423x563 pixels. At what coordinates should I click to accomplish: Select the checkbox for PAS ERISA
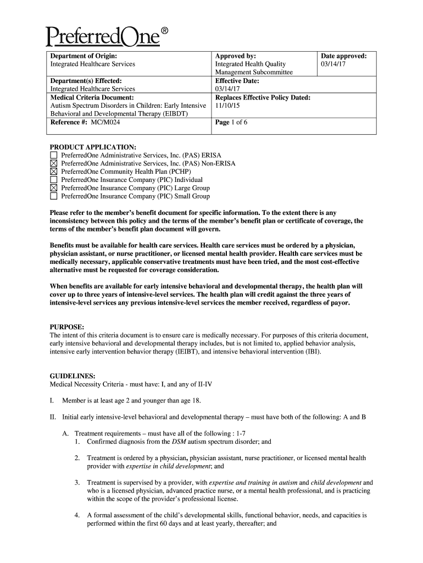[53, 156]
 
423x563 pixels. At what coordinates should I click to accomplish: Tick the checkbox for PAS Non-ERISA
[53, 164]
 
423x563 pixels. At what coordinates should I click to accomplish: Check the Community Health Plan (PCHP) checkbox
[53, 172]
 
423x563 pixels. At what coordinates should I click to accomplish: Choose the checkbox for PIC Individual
[53, 180]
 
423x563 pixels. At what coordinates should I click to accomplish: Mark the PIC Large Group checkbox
[53, 188]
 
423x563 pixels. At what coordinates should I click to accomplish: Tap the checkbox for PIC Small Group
[53, 196]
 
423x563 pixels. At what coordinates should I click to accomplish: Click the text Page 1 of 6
[231, 122]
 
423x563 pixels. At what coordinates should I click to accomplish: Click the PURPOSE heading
[66, 327]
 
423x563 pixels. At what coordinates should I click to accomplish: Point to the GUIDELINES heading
[73, 376]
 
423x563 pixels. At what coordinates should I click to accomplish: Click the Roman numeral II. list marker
[53, 417]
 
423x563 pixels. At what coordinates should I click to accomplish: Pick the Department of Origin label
[84, 56]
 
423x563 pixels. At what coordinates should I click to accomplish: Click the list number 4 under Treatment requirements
[77, 516]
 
